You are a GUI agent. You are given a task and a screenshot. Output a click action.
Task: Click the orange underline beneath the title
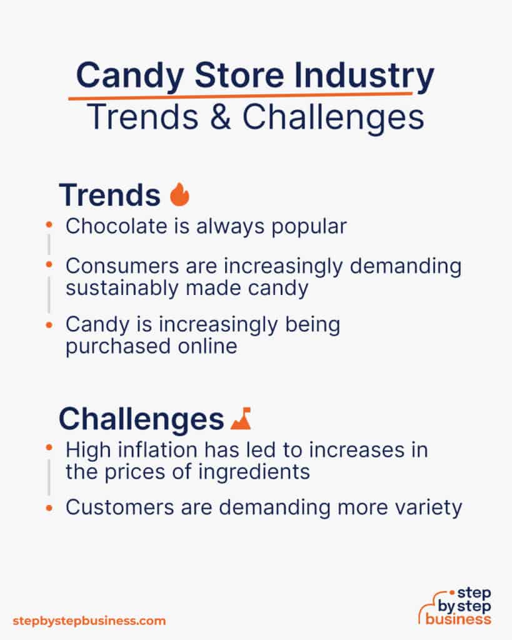coord(241,95)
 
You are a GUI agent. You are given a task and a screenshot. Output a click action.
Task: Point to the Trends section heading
coord(109,195)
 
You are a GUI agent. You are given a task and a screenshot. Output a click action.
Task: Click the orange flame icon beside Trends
coord(179,195)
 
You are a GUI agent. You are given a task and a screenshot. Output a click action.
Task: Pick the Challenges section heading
coord(141,419)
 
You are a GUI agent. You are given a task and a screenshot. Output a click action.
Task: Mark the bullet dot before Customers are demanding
coord(49,507)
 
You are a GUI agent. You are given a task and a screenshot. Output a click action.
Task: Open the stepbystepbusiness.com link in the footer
coord(89,621)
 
